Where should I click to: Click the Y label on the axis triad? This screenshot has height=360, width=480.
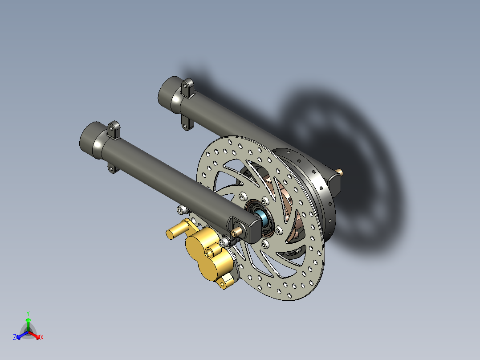(x=28, y=313)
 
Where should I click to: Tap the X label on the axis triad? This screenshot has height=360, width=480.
(x=42, y=338)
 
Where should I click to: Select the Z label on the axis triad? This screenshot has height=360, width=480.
(x=15, y=338)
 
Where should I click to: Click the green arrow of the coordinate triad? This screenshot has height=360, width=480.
(x=28, y=322)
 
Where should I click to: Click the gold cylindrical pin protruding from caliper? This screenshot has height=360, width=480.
(x=176, y=231)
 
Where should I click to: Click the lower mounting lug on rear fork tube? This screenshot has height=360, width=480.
(x=185, y=123)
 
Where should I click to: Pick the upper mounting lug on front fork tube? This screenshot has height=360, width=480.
(x=114, y=130)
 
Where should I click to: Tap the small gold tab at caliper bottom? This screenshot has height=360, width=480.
(x=227, y=280)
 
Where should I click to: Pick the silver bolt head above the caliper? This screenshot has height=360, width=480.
(x=181, y=209)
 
